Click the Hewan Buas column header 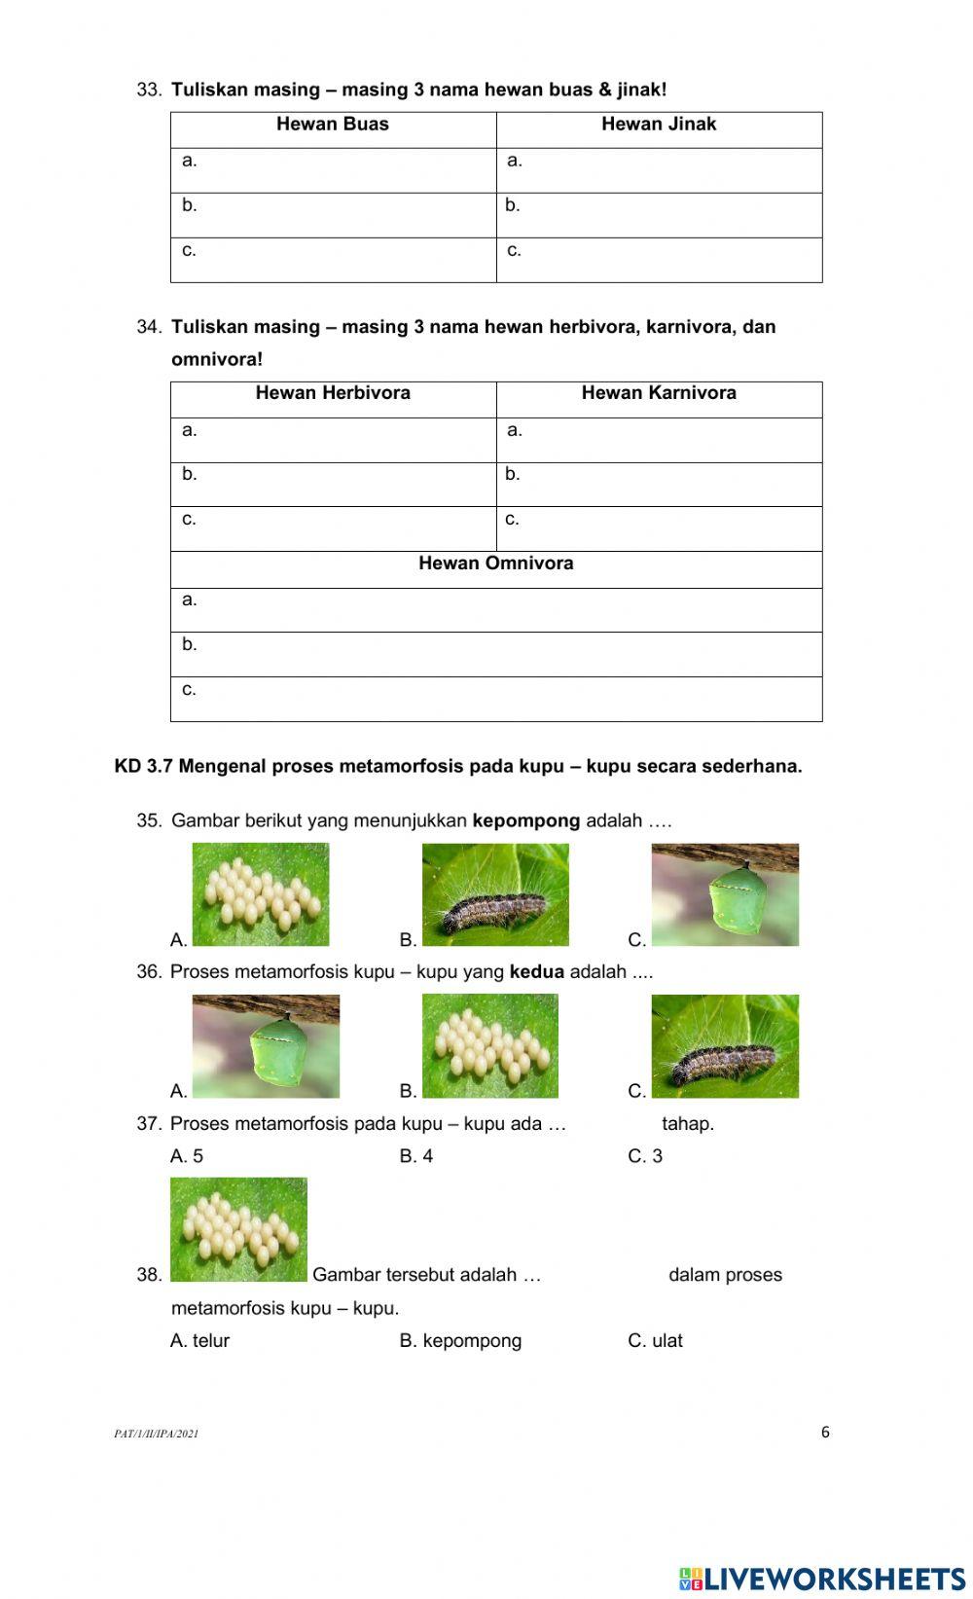click(333, 125)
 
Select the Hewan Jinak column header click(659, 125)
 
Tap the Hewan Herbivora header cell click(333, 393)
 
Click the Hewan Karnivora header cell click(659, 393)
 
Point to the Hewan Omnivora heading click(495, 563)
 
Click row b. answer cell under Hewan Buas click(334, 215)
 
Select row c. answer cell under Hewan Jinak click(659, 260)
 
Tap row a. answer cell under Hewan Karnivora click(659, 440)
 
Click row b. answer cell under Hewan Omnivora click(495, 654)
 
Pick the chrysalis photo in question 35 click(725, 894)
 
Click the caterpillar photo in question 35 click(495, 894)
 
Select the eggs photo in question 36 click(489, 1045)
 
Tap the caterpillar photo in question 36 click(725, 1045)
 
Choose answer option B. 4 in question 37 click(416, 1156)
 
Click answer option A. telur click(200, 1341)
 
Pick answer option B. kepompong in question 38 click(460, 1341)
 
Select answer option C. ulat click(655, 1341)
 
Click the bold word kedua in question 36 click(536, 972)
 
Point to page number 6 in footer click(825, 1432)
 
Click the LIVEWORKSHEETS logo click(822, 1578)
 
